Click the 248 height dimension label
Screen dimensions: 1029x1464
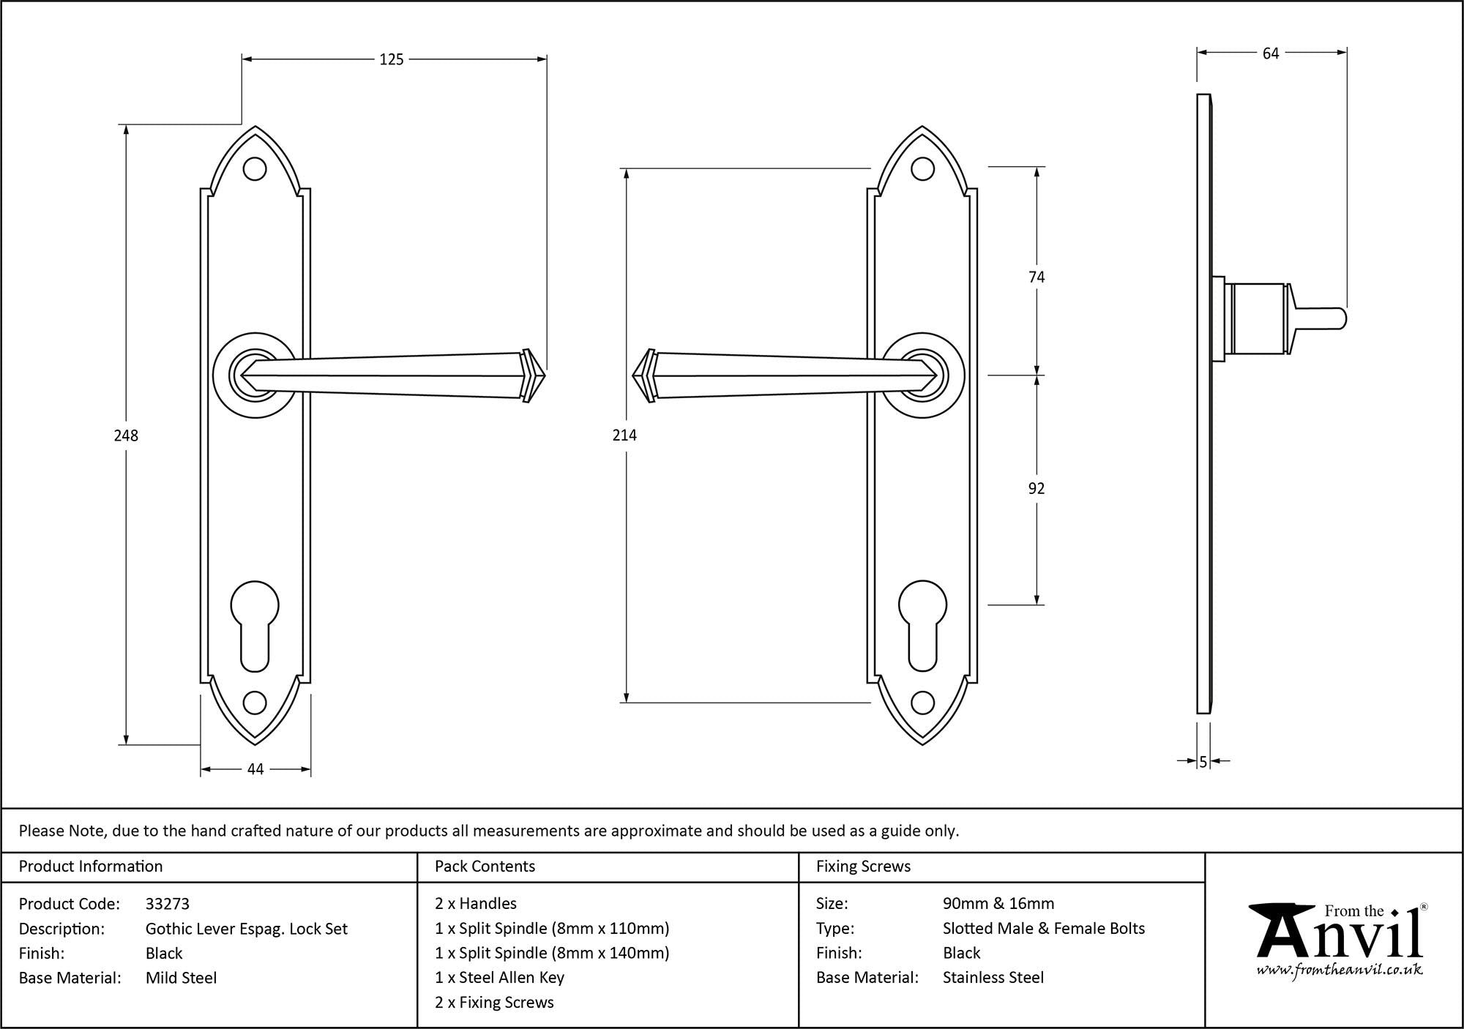click(126, 435)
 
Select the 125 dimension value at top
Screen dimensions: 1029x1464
click(392, 60)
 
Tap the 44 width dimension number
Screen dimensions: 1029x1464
click(255, 769)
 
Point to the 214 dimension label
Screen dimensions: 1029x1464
click(624, 435)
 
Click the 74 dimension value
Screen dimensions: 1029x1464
click(1037, 277)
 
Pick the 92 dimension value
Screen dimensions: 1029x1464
click(1037, 489)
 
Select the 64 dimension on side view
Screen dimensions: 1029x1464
click(1271, 53)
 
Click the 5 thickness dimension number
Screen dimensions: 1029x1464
click(1203, 762)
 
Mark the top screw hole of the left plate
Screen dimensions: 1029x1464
click(255, 169)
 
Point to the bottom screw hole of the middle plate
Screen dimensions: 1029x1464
click(923, 703)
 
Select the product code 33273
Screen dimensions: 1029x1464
click(168, 904)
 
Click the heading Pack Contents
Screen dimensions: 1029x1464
click(485, 867)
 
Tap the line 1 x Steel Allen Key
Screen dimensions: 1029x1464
click(499, 978)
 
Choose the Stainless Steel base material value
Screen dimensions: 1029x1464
click(993, 978)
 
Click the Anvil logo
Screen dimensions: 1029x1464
click(1339, 940)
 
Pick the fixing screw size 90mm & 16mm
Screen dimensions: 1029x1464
click(998, 904)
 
